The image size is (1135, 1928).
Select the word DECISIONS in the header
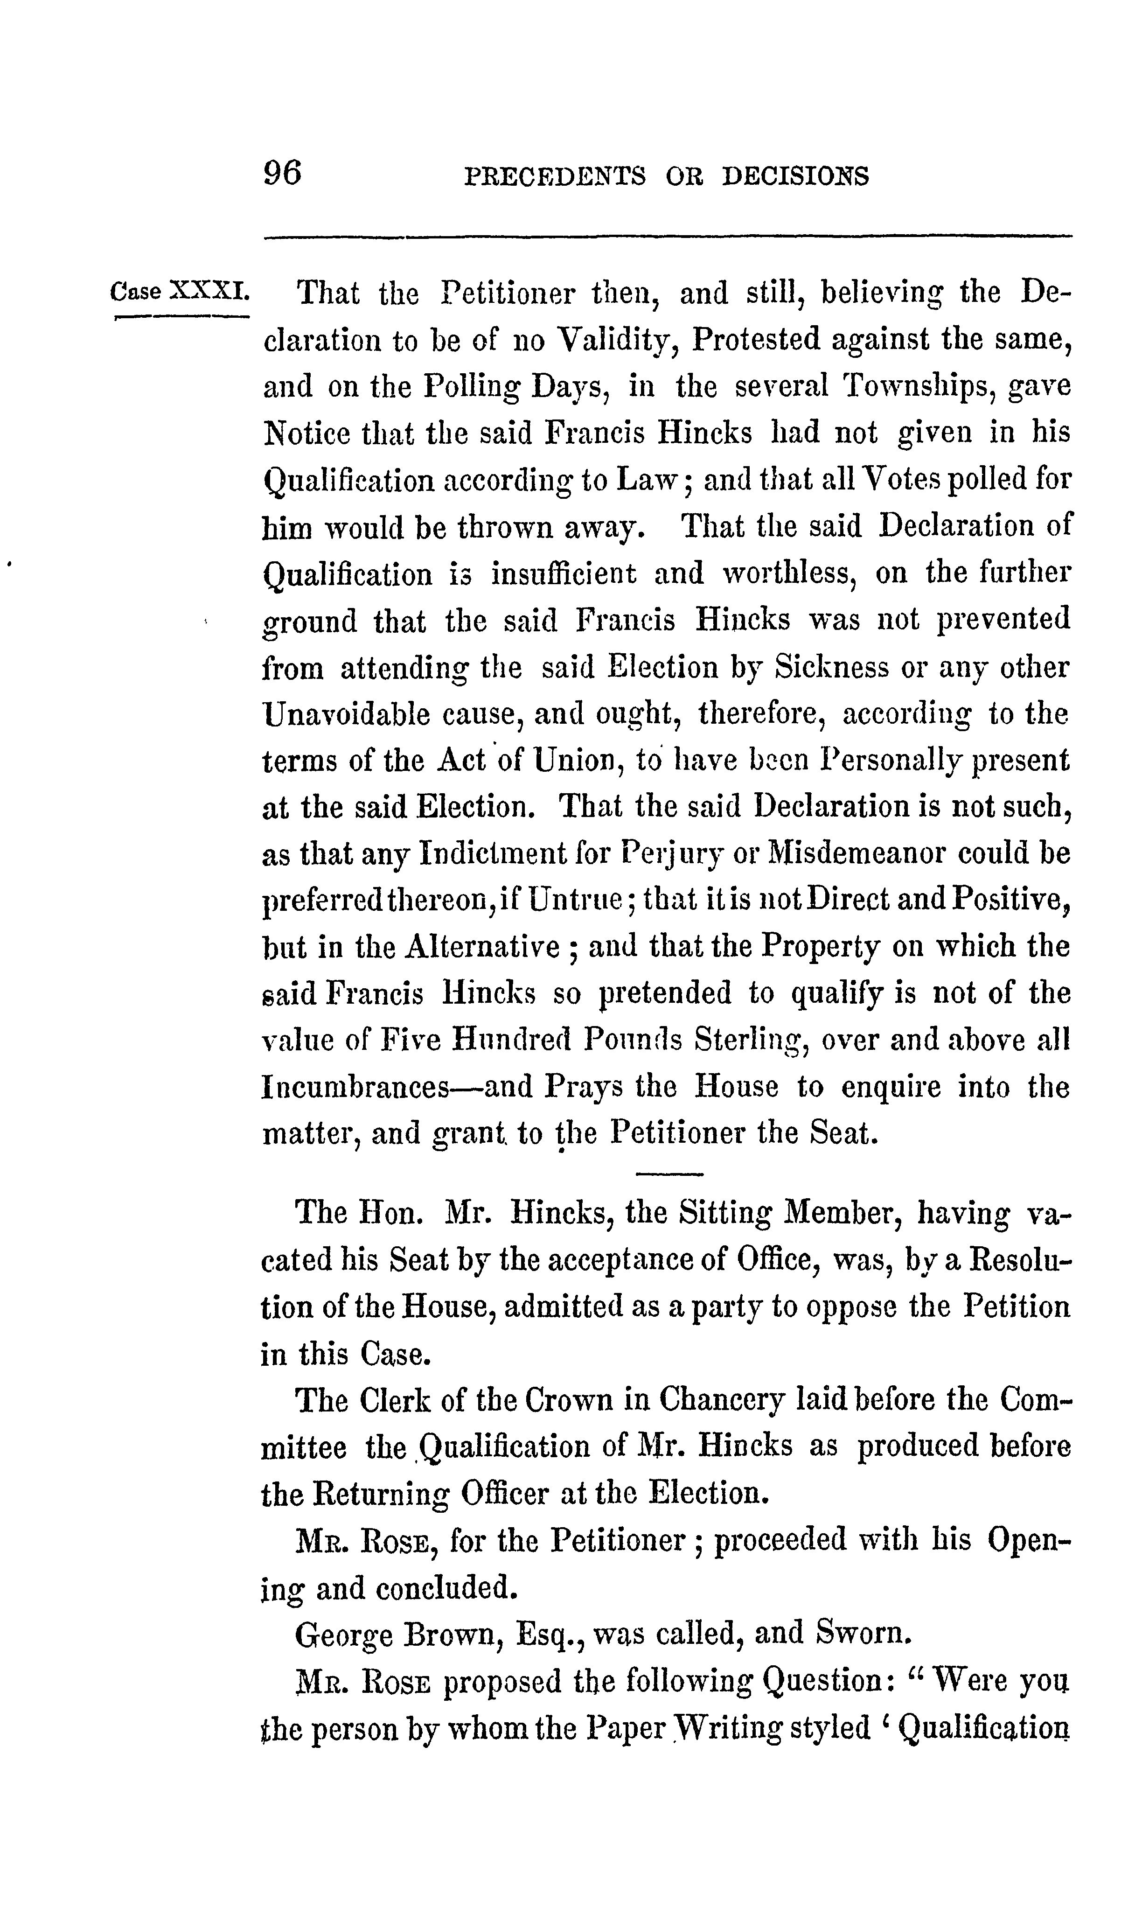[x=795, y=177]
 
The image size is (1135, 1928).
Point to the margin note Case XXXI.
[x=180, y=292]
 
